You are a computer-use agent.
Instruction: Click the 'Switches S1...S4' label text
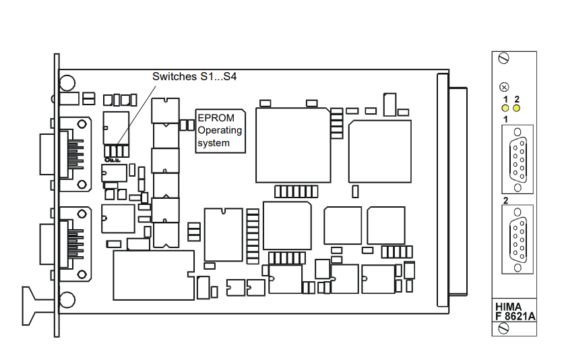coord(194,77)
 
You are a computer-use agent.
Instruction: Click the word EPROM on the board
coord(213,117)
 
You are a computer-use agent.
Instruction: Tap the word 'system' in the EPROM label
coord(213,143)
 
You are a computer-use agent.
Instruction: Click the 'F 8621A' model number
coord(515,314)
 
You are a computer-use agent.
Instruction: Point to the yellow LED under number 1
coord(503,108)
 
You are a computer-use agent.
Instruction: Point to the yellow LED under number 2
coord(517,108)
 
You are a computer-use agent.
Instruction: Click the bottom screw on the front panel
coord(503,328)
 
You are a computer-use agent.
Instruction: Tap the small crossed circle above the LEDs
coord(503,87)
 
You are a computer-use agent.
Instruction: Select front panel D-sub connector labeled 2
coord(517,237)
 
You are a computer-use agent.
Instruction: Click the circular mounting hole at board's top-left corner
coord(67,84)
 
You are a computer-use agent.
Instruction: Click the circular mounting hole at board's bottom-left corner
coord(67,299)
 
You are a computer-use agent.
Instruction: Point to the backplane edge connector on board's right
coord(456,191)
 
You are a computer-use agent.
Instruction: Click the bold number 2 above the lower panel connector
coord(505,201)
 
